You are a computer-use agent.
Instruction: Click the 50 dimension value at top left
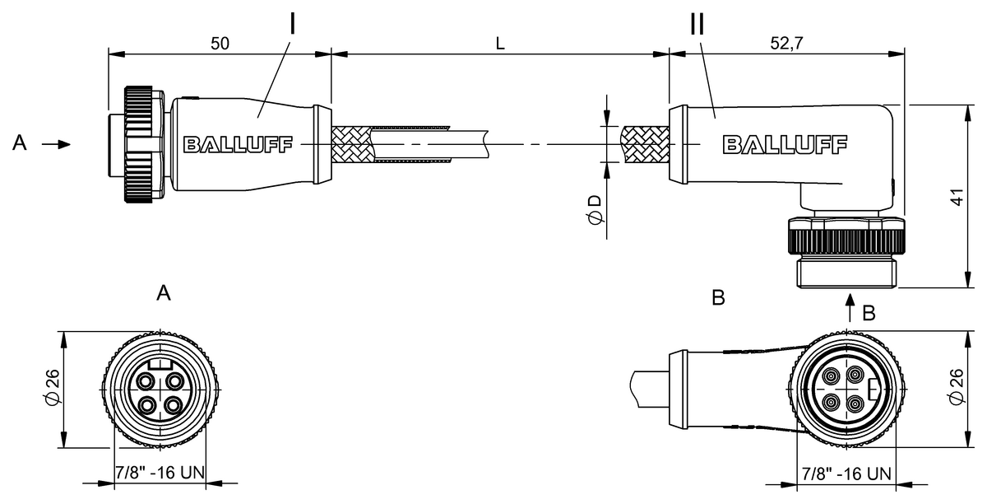220,44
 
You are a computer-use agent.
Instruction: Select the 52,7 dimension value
786,44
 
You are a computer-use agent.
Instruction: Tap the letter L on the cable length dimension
500,44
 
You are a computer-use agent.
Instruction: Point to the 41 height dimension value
957,197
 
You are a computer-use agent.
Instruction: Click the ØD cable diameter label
595,210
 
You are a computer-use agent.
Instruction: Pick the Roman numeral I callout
292,23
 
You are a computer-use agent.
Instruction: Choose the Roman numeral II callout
697,23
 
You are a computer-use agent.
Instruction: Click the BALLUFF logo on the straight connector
238,144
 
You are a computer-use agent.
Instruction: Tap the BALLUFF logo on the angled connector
785,144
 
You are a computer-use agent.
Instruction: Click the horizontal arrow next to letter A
56,144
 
